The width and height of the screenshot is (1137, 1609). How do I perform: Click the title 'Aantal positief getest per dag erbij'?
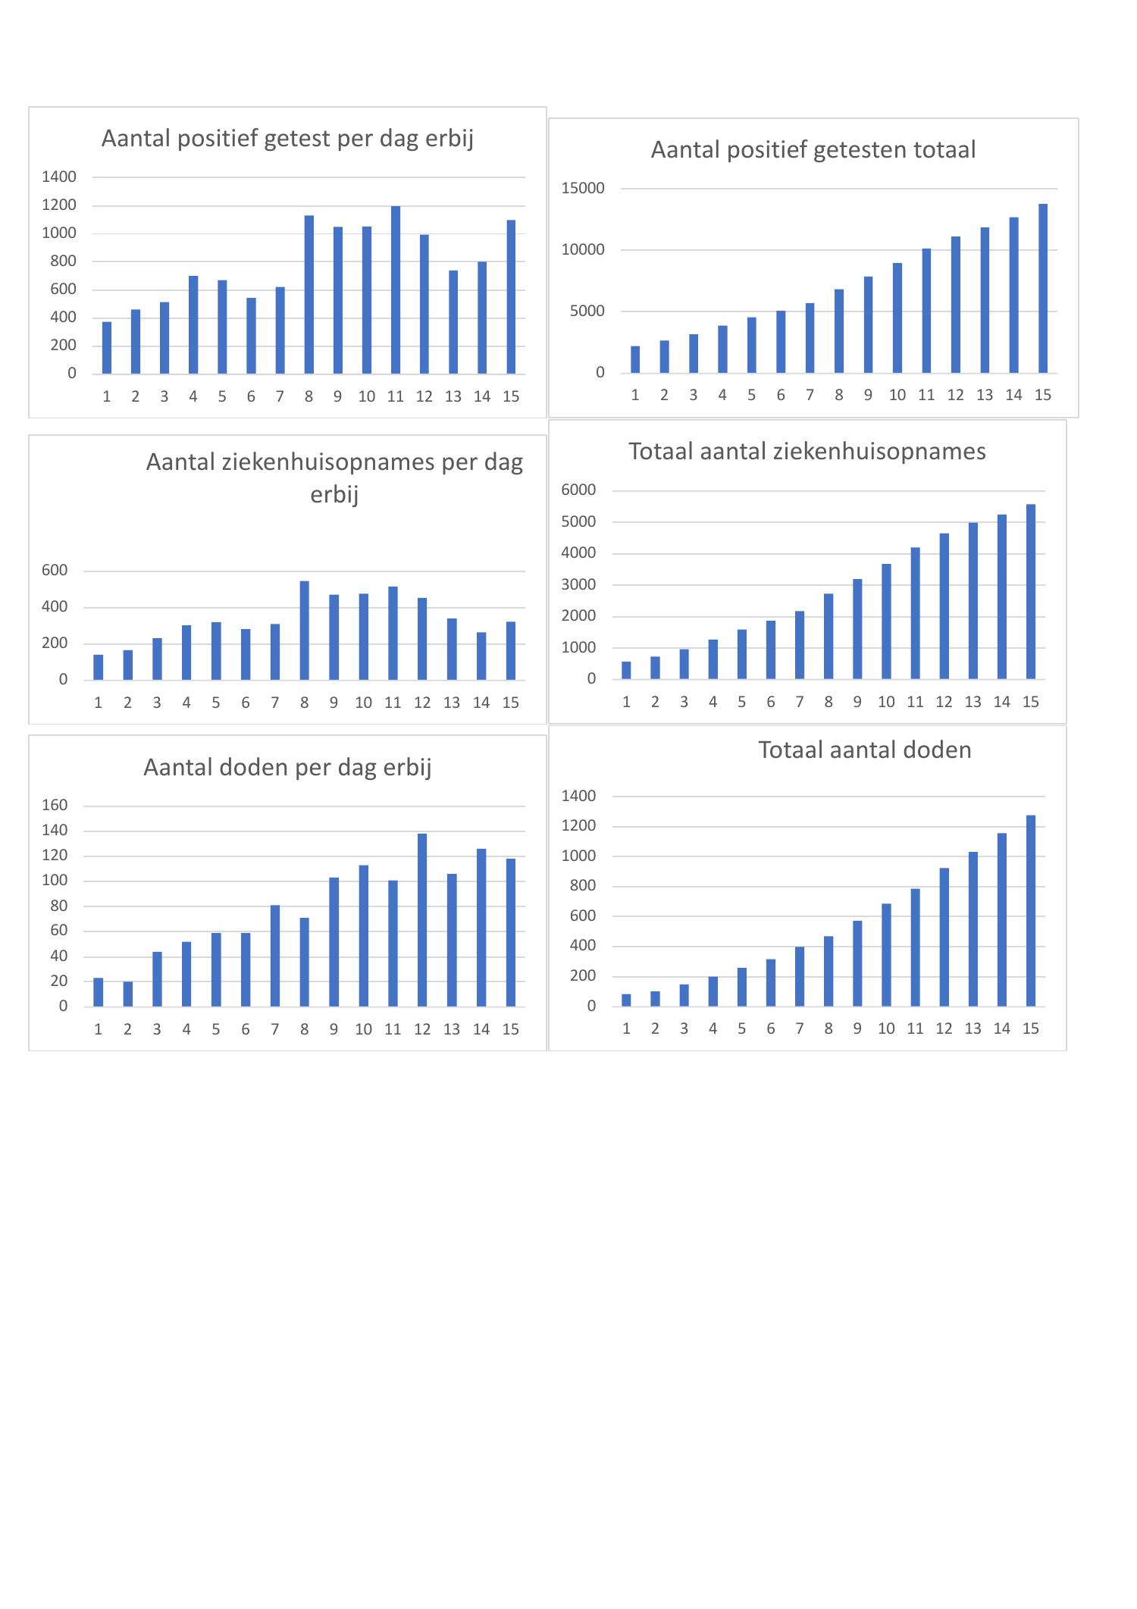[x=287, y=139]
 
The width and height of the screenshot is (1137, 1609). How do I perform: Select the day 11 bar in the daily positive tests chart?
[x=395, y=290]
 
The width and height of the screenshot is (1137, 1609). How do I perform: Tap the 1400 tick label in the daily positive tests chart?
[x=59, y=177]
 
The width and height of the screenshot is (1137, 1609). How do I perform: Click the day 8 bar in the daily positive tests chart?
[x=309, y=295]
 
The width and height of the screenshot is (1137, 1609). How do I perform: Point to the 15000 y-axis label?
[x=583, y=189]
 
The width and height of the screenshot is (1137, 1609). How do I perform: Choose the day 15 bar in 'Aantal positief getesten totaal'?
[x=1043, y=288]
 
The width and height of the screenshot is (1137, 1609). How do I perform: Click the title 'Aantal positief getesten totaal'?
[x=813, y=150]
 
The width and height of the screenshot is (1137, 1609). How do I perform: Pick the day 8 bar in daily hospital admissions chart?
[x=304, y=630]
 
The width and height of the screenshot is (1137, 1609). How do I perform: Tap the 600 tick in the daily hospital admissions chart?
[x=55, y=571]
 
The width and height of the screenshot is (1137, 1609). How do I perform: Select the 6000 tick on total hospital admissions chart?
[x=578, y=490]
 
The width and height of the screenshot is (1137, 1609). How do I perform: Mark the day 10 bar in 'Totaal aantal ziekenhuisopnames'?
[x=886, y=621]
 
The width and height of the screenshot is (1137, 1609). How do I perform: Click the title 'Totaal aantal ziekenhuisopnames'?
[x=807, y=452]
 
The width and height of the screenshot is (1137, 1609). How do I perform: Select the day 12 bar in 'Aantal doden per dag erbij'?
[x=422, y=920]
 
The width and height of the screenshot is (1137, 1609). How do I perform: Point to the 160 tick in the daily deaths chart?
[x=55, y=806]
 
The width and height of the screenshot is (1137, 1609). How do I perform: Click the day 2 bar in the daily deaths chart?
[x=127, y=994]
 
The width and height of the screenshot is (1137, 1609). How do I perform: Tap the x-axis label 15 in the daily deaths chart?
[x=511, y=1029]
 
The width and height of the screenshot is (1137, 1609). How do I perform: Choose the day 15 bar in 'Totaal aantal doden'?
[x=1030, y=911]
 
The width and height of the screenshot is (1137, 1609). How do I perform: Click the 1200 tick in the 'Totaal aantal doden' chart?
[x=578, y=826]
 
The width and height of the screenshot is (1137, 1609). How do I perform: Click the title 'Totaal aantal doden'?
[x=864, y=750]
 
